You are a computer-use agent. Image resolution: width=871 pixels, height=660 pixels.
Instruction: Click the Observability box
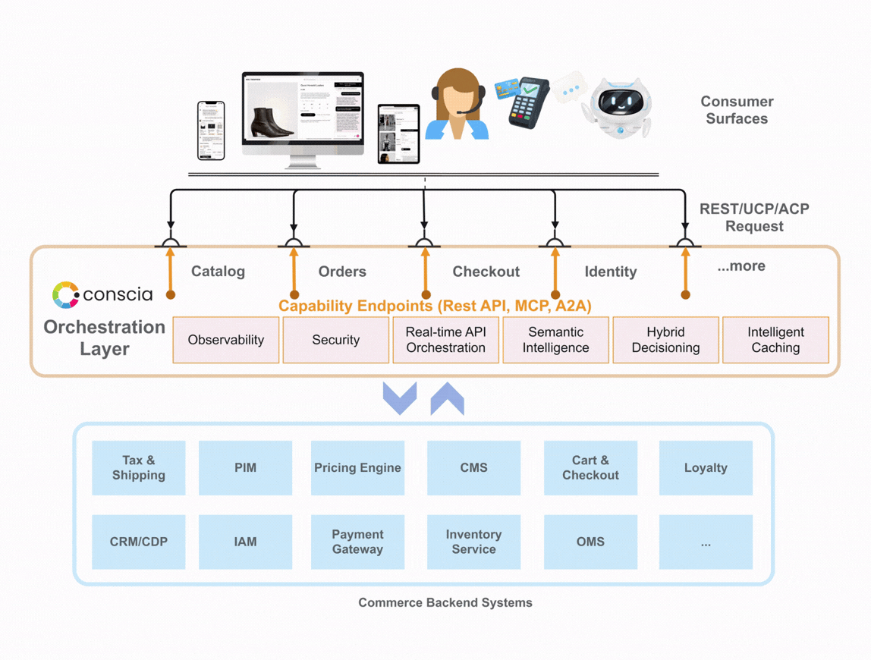pos(226,340)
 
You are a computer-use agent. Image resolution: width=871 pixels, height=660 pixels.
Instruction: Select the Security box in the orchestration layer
pos(335,340)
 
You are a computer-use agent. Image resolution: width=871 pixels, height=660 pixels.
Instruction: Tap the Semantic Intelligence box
pos(555,340)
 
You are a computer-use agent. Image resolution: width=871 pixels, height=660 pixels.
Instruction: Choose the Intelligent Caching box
pos(775,340)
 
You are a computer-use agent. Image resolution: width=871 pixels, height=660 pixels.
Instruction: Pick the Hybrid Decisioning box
pos(665,340)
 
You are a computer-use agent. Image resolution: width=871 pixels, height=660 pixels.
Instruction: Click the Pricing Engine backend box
pos(357,468)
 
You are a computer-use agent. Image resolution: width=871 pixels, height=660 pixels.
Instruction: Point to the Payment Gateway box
pos(357,542)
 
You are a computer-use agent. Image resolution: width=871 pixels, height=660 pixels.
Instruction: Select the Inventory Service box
pos(473,542)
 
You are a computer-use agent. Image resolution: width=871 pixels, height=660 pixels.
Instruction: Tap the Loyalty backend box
pos(706,468)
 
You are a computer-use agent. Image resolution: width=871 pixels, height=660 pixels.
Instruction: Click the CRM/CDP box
pos(139,542)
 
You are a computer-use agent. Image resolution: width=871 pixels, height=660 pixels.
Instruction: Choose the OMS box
pos(590,542)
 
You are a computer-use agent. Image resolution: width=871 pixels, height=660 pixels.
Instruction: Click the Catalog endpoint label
pos(218,272)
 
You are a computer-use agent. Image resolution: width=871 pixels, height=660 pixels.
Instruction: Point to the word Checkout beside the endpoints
pos(486,272)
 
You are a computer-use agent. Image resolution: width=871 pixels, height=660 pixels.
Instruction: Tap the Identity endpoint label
pos(610,272)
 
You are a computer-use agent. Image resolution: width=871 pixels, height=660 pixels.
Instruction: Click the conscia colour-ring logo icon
pos(65,295)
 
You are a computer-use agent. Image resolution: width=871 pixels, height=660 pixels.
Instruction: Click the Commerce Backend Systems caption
pos(445,603)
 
